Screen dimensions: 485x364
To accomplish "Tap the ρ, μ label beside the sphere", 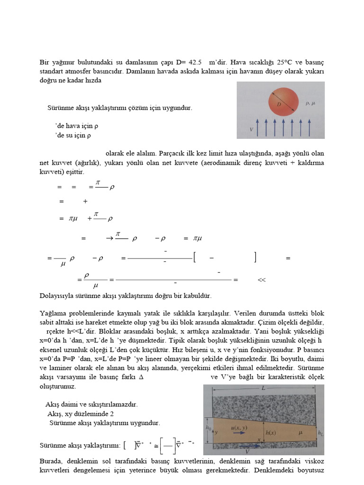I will [x=311, y=102].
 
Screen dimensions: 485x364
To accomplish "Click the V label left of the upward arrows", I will [x=251, y=129].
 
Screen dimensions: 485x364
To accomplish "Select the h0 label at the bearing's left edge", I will [x=208, y=427].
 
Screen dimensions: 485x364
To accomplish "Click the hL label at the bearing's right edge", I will [x=321, y=432].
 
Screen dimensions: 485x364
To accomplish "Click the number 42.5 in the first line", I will [x=195, y=62].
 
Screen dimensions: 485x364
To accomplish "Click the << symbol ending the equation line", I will [x=262, y=280].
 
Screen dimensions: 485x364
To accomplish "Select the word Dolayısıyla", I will [x=57, y=296].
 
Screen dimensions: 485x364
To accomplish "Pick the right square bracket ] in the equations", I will [x=255, y=258].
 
